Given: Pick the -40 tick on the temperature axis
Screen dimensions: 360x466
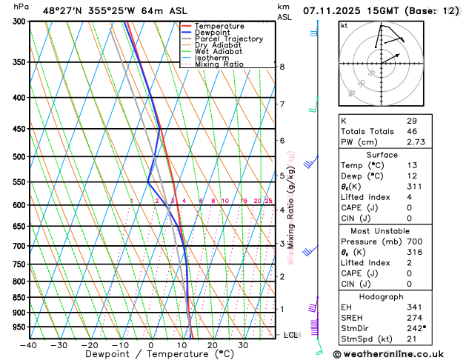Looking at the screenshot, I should click(x=28, y=344).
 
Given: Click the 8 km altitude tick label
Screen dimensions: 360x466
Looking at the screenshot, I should click(x=282, y=67).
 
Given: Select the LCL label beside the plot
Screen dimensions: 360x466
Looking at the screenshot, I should click(x=291, y=335).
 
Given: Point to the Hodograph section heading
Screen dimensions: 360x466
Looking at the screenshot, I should click(x=382, y=296).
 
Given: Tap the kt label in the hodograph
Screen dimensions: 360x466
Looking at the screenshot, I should click(x=344, y=25).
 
